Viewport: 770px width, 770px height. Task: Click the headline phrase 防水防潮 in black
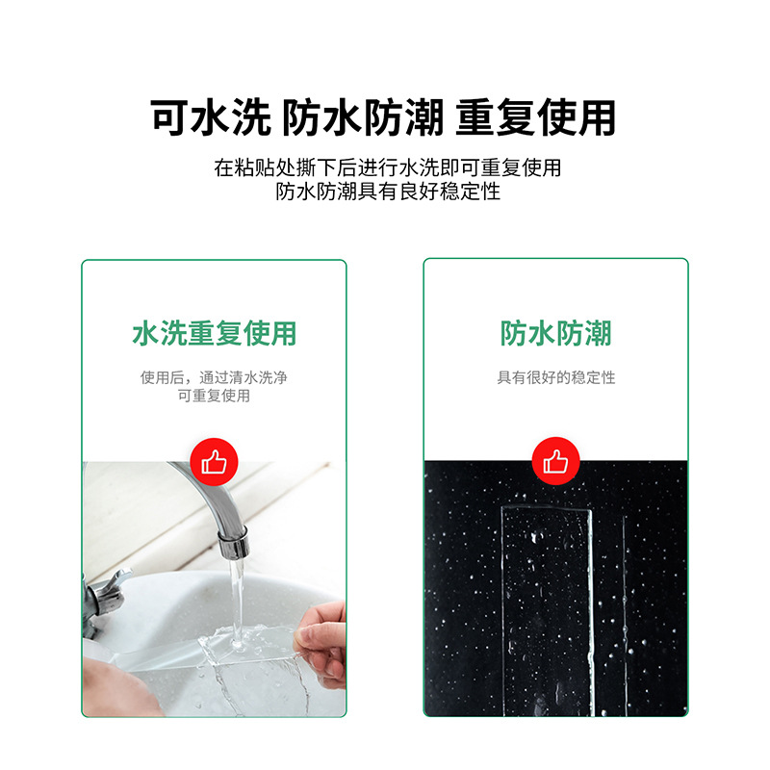click(363, 117)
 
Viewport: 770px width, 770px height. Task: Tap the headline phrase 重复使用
click(535, 117)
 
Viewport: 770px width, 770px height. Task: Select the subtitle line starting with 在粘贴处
click(387, 167)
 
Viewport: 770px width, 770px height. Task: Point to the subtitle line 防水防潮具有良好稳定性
click(387, 192)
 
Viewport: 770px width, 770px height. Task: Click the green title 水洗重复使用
click(214, 334)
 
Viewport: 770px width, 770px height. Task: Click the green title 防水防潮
click(556, 334)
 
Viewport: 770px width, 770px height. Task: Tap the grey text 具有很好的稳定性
click(556, 378)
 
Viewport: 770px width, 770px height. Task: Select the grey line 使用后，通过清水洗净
click(214, 378)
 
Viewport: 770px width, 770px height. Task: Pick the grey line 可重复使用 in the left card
click(214, 396)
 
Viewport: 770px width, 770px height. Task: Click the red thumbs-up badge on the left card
click(214, 462)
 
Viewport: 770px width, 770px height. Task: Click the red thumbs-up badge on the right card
click(556, 462)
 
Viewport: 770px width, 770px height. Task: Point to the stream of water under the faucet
click(234, 597)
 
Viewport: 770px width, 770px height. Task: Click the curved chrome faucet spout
click(207, 491)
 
